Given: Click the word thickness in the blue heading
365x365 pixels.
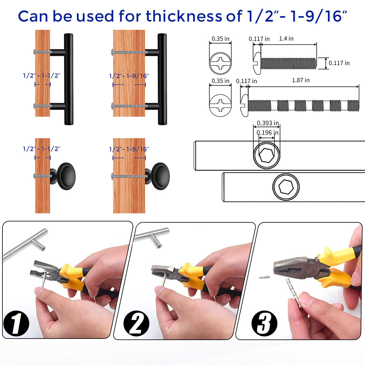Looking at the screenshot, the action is [x=184, y=16].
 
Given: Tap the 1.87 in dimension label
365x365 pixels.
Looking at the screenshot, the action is [x=301, y=80].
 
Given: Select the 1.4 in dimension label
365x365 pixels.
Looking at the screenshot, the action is [x=286, y=39].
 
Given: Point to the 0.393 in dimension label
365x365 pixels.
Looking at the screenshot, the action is [x=268, y=123].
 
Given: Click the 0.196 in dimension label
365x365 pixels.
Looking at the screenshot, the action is [x=267, y=133].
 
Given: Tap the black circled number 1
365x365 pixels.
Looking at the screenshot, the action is [x=16, y=323].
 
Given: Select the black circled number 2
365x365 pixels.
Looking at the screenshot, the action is [x=136, y=323].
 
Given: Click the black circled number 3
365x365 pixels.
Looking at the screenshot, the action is [x=264, y=323].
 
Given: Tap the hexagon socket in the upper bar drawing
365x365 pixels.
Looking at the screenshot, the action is [x=266, y=155].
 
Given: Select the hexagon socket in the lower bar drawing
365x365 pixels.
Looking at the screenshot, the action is [x=286, y=187].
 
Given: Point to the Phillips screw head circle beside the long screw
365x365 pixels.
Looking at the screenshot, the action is [x=220, y=105].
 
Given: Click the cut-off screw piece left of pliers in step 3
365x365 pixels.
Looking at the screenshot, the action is [x=264, y=277].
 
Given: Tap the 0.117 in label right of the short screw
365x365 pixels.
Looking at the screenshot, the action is [x=339, y=63].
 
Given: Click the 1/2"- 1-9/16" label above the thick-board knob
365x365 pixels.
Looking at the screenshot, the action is [x=129, y=149].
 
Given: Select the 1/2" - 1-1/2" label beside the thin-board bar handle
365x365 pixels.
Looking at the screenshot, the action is [x=41, y=76].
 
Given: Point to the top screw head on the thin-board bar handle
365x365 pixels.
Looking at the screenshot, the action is [x=34, y=52].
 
